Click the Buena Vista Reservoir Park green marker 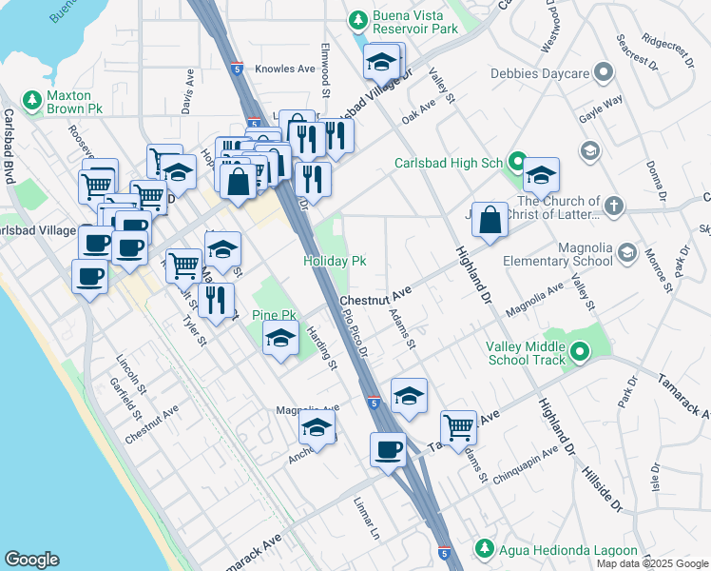click(x=358, y=20)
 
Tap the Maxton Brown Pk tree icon click(x=31, y=99)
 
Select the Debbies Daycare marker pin click(x=603, y=73)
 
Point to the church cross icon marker click(x=614, y=205)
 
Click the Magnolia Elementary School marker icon click(x=626, y=252)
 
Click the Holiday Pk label click(x=335, y=261)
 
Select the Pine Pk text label click(x=275, y=315)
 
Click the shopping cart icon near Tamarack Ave click(x=459, y=426)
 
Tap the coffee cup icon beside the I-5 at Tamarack click(x=388, y=449)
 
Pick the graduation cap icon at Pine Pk click(x=280, y=340)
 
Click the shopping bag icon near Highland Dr click(x=489, y=220)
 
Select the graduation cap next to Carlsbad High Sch click(x=541, y=175)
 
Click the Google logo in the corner click(x=31, y=560)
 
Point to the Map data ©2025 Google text click(x=651, y=563)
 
